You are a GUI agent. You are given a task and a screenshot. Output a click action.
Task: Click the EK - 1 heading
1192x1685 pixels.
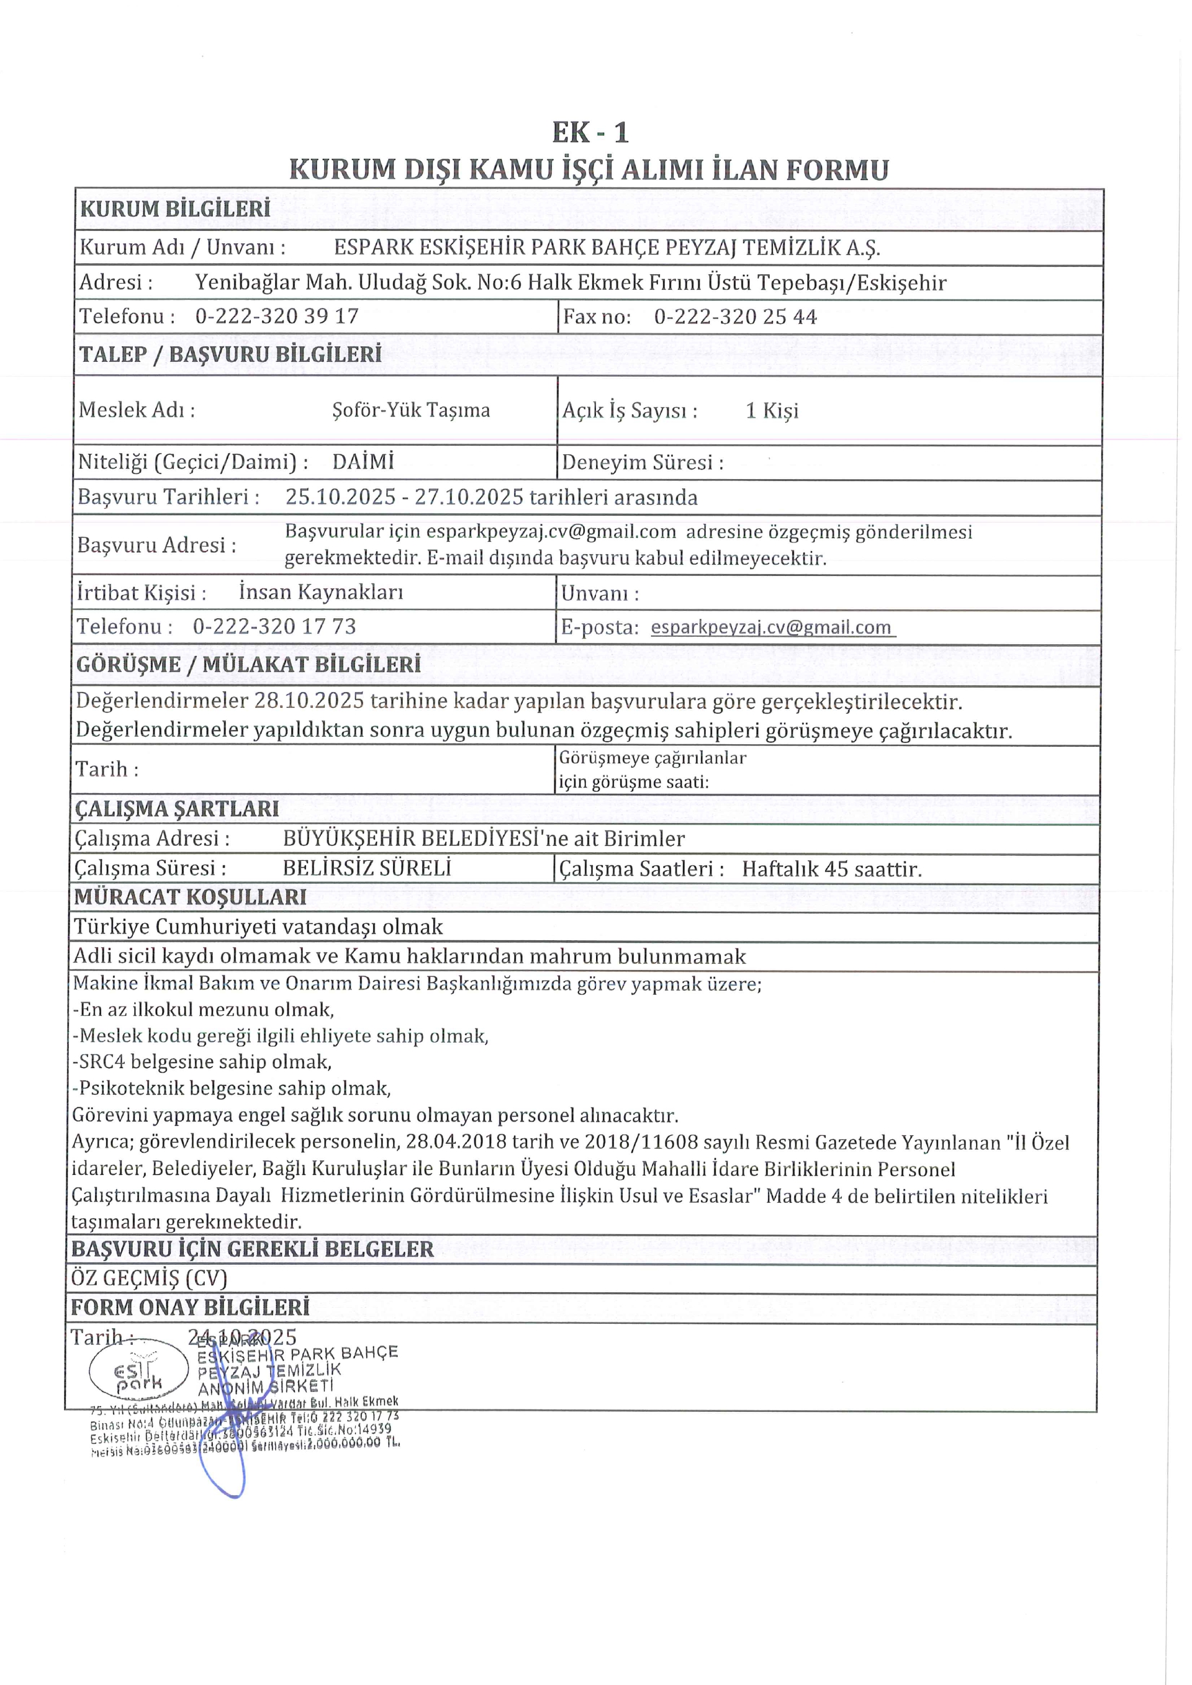[590, 133]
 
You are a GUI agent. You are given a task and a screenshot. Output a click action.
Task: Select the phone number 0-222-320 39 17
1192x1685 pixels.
[277, 317]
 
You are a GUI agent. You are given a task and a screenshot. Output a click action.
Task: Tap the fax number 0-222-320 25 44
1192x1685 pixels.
[736, 317]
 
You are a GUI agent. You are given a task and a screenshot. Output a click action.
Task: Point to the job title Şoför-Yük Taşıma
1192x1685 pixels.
[411, 410]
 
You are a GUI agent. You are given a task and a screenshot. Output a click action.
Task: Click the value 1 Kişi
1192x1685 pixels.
[772, 410]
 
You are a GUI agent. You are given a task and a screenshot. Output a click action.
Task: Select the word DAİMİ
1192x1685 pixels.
[363, 462]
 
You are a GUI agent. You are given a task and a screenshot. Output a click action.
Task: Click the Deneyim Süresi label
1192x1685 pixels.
[642, 462]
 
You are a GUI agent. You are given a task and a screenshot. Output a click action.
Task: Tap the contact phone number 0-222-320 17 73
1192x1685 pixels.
[274, 626]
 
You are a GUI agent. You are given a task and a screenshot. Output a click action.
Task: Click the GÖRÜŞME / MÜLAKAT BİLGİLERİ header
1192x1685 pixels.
[249, 664]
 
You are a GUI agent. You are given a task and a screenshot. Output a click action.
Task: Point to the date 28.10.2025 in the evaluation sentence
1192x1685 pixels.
[309, 700]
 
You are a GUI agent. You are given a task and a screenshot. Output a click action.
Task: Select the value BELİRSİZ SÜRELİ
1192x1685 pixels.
[367, 868]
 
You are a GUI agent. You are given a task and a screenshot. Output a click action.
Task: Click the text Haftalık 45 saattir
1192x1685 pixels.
[832, 869]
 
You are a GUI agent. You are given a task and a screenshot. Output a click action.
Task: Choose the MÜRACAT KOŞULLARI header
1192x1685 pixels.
[190, 897]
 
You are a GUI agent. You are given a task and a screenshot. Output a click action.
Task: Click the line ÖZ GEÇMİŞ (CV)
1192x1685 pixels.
[149, 1278]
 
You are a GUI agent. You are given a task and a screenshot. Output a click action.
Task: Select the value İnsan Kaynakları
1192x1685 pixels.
[321, 592]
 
